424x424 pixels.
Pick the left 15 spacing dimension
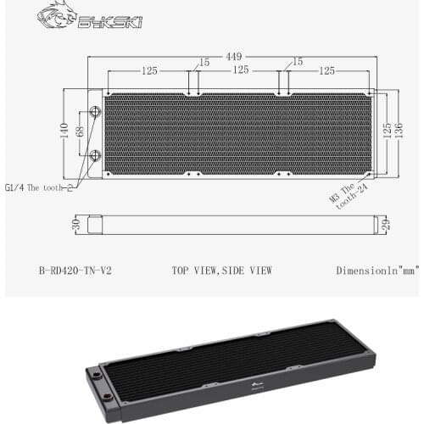click(204, 62)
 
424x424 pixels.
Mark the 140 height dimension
click(64, 129)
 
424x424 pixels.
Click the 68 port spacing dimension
click(80, 134)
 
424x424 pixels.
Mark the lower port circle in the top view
click(94, 155)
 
